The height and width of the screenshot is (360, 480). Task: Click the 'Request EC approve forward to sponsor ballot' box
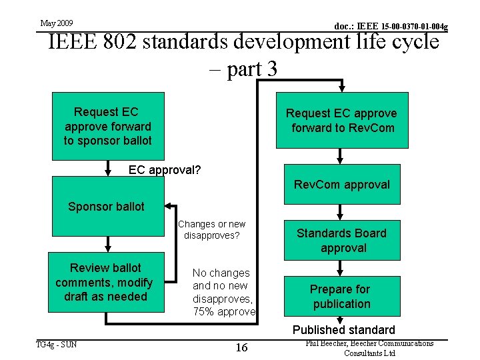pos(107,126)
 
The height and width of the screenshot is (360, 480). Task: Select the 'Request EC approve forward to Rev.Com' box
pos(342,121)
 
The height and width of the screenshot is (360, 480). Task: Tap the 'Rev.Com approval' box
pos(342,184)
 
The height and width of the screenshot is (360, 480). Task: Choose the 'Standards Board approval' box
pos(342,240)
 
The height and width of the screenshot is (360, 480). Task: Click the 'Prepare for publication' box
pos(340,296)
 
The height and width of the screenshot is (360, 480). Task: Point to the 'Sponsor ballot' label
pos(106,207)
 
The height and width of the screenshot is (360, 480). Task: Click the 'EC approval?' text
pos(165,170)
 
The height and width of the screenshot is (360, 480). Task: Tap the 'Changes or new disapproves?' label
pos(211,229)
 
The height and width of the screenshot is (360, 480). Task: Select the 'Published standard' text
pos(343,330)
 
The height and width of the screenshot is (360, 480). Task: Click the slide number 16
pos(241,347)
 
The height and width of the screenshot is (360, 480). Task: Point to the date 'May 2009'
pos(57,23)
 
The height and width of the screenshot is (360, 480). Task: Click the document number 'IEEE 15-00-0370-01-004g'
pos(391,27)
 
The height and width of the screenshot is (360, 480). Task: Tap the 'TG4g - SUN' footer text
pos(57,344)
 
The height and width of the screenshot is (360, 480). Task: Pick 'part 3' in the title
pos(252,69)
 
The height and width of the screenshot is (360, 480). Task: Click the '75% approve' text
pos(224,312)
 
